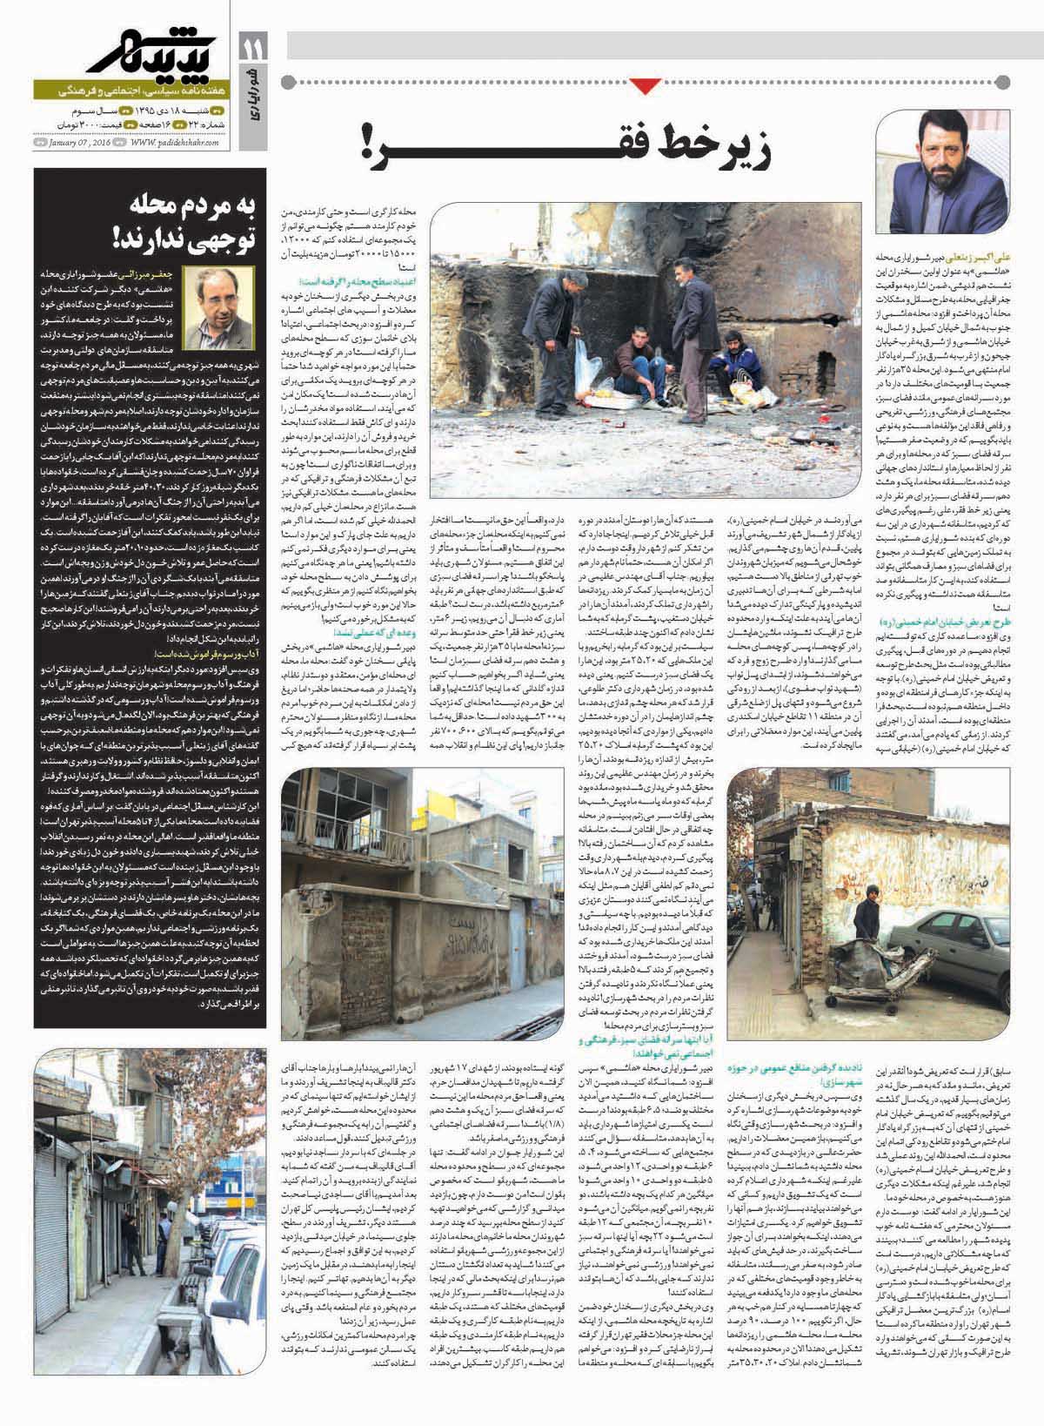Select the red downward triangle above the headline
point(643,85)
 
